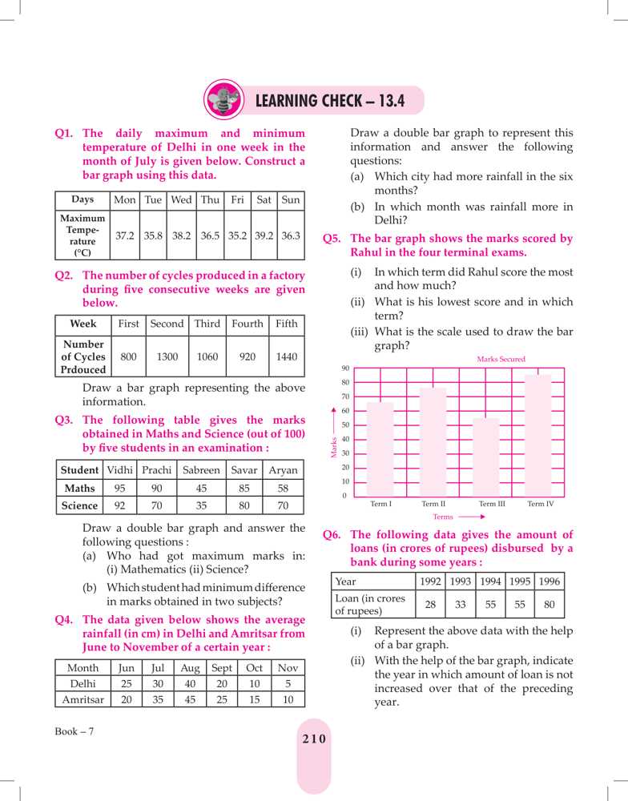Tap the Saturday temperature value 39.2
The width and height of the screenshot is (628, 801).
tap(264, 235)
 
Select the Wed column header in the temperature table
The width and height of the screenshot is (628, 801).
tap(181, 199)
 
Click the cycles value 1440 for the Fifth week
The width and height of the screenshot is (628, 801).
tap(286, 356)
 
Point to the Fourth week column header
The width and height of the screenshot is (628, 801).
tap(247, 324)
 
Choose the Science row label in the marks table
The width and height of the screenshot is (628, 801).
tap(81, 505)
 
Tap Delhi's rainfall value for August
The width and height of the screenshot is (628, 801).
tap(189, 682)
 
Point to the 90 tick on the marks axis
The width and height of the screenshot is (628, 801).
tap(344, 368)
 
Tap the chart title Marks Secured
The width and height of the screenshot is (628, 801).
tap(501, 360)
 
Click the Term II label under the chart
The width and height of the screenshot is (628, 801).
tap(433, 504)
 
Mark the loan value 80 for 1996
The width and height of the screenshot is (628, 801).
tap(549, 605)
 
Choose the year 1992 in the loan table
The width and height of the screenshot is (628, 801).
tap(431, 581)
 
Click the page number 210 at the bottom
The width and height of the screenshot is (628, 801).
tap(314, 739)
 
